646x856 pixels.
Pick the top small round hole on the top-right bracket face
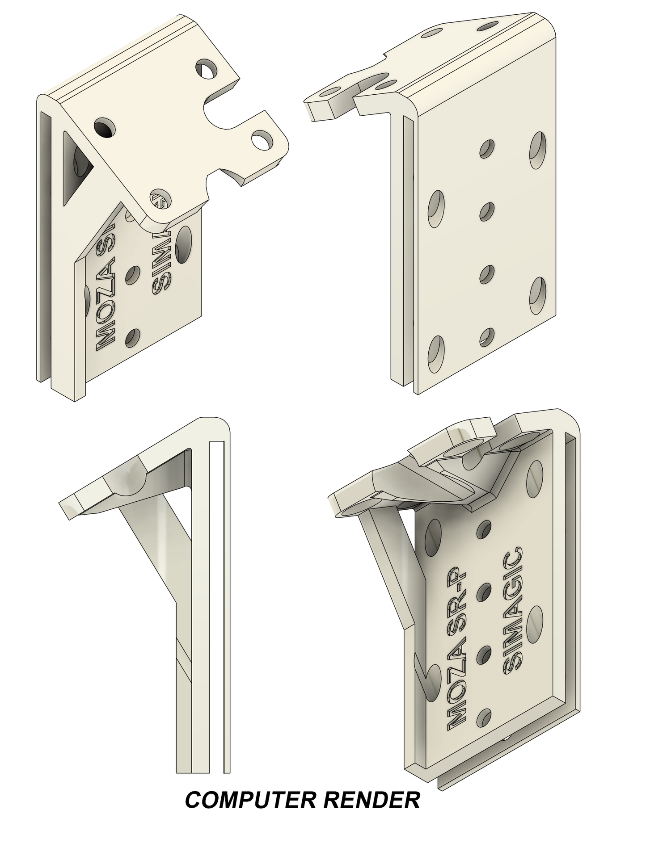click(x=486, y=149)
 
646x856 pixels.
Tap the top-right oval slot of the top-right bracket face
click(x=539, y=150)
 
